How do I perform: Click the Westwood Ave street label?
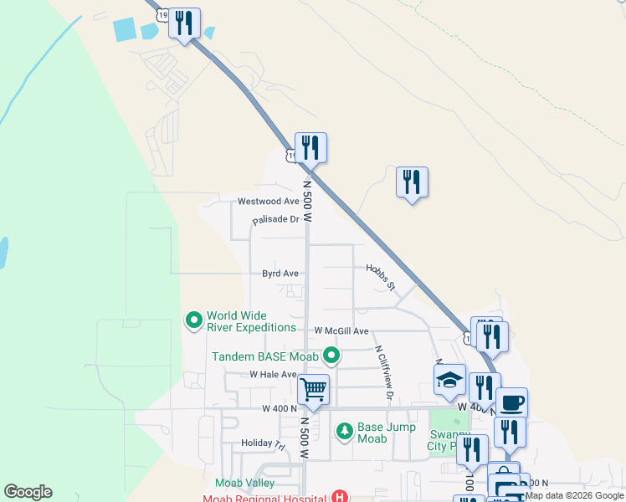[268, 202]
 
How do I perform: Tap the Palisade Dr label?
[276, 220]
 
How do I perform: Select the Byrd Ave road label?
[280, 274]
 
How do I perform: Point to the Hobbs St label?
[380, 279]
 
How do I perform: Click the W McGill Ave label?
[341, 331]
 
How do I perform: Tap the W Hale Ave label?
[273, 375]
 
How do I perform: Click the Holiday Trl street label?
[263, 443]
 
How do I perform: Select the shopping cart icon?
[313, 388]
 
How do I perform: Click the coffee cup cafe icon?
[511, 402]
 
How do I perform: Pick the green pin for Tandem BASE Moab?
[332, 356]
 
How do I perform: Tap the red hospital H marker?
[339, 497]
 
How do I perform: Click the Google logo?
[28, 492]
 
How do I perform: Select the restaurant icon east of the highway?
[412, 182]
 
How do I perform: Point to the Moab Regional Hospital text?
[269, 498]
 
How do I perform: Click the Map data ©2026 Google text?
[575, 495]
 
